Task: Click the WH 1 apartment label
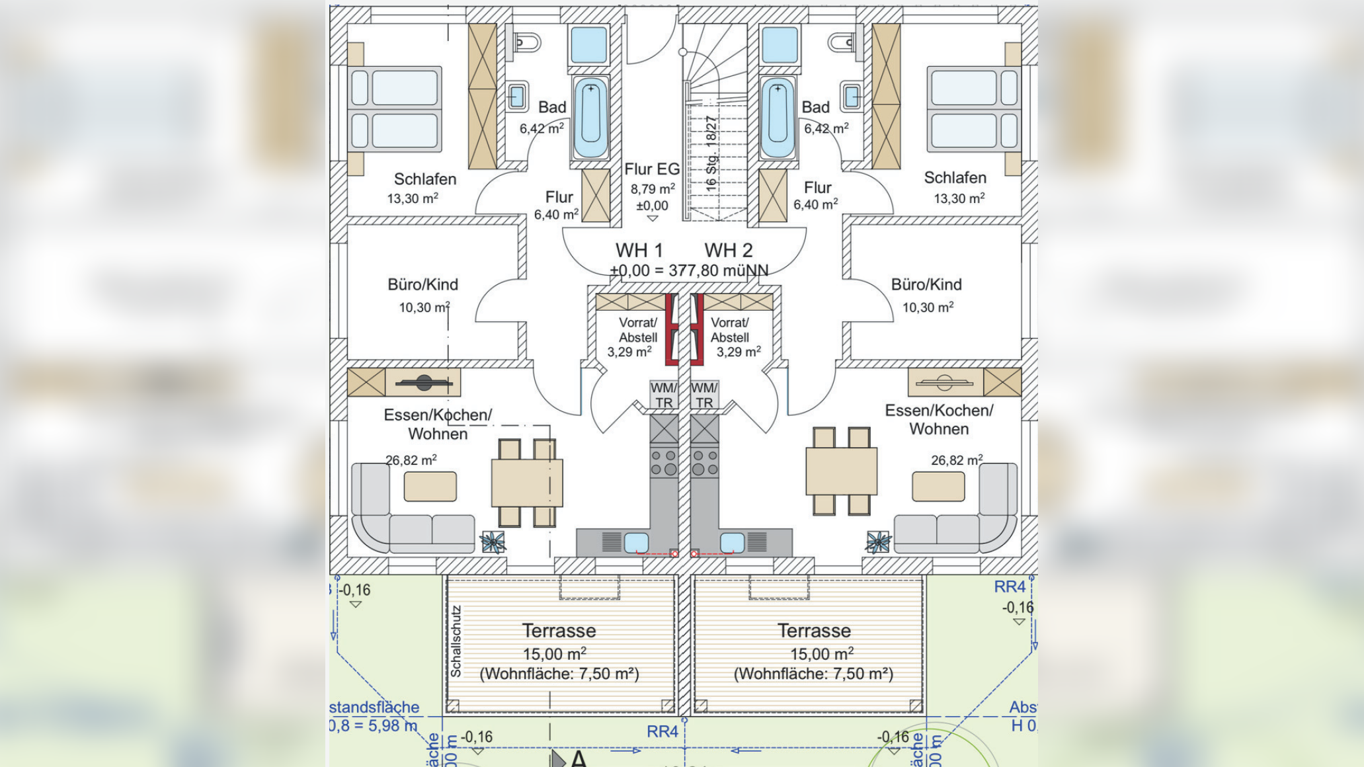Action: pyautogui.click(x=639, y=251)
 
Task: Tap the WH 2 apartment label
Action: pyautogui.click(x=728, y=251)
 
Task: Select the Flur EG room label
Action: pyautogui.click(x=652, y=170)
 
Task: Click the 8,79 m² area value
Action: pyautogui.click(x=652, y=189)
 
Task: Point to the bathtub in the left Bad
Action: pyautogui.click(x=590, y=118)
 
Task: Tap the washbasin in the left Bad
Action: pyautogui.click(x=516, y=97)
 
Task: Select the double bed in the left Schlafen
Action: pyautogui.click(x=395, y=109)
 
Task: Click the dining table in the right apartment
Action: pyautogui.click(x=841, y=471)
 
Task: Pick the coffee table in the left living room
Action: pyautogui.click(x=430, y=487)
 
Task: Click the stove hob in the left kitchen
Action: pyautogui.click(x=664, y=462)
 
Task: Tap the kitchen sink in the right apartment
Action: pyautogui.click(x=731, y=543)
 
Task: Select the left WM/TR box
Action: pyautogui.click(x=663, y=395)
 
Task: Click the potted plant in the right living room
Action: pyautogui.click(x=878, y=542)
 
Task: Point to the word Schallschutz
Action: pyautogui.click(x=456, y=641)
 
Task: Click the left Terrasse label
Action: pyautogui.click(x=559, y=631)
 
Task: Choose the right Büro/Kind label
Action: pyautogui.click(x=926, y=285)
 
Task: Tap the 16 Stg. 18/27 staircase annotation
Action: pyautogui.click(x=711, y=154)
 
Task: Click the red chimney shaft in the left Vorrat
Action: pyautogui.click(x=672, y=329)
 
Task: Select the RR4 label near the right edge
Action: pyautogui.click(x=1010, y=586)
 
